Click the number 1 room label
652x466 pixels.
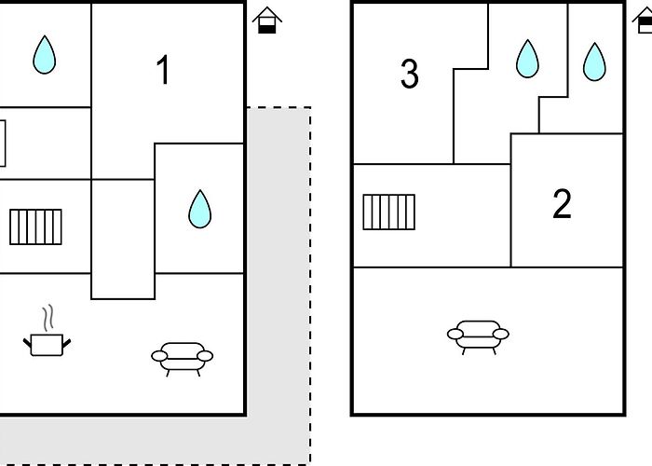click(x=163, y=70)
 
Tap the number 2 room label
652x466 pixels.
click(x=562, y=203)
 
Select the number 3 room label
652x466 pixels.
click(x=410, y=74)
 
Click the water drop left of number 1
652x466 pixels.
click(x=45, y=55)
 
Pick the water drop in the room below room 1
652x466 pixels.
click(x=200, y=209)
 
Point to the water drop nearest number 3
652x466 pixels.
click(x=528, y=59)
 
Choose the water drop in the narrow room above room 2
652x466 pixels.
click(x=594, y=62)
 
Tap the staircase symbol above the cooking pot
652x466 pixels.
click(x=35, y=226)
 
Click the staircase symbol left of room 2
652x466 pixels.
click(x=388, y=212)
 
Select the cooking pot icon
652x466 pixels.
click(x=47, y=345)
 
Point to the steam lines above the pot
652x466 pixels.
click(x=48, y=318)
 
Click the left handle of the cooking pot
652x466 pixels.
click(x=27, y=343)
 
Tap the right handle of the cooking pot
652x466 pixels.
click(x=66, y=343)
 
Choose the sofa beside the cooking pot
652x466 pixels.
click(x=183, y=357)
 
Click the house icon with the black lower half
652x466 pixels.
click(x=267, y=20)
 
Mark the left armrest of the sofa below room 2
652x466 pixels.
click(x=455, y=334)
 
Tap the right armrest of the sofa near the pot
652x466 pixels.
click(x=205, y=356)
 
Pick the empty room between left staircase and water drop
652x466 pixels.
click(x=123, y=239)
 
